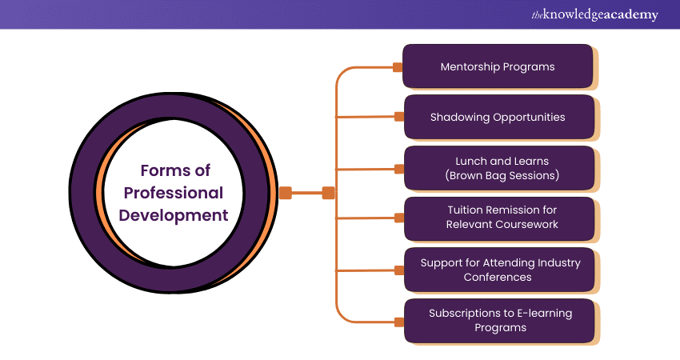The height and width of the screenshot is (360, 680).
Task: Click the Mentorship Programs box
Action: [498, 66]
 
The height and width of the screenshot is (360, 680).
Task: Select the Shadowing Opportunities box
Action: [498, 117]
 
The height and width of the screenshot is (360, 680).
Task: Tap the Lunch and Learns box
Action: [498, 168]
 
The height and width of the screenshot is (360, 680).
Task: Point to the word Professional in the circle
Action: [173, 193]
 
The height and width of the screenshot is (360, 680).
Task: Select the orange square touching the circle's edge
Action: [286, 192]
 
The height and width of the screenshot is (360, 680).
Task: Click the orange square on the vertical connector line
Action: [328, 192]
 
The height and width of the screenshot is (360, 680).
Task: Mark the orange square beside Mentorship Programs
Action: [398, 67]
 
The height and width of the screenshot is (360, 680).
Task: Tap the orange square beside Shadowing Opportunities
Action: [398, 117]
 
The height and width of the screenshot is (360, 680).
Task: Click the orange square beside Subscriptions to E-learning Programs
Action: [398, 321]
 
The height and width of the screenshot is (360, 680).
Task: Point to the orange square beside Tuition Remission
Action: [398, 218]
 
